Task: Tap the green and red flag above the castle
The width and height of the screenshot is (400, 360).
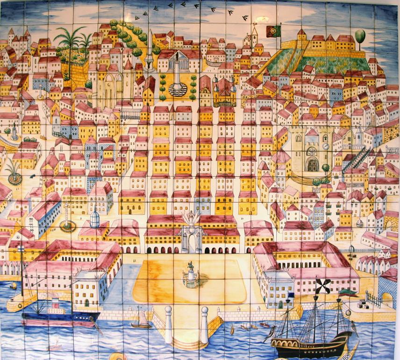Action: tap(272, 31)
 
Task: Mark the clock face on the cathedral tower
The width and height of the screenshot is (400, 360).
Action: tap(326, 146)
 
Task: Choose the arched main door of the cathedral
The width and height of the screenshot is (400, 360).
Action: tap(312, 165)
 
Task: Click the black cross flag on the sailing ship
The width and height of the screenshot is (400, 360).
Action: tap(323, 285)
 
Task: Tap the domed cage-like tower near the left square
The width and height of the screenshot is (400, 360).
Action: tap(95, 217)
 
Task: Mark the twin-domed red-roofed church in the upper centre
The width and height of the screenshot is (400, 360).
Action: tap(224, 91)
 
